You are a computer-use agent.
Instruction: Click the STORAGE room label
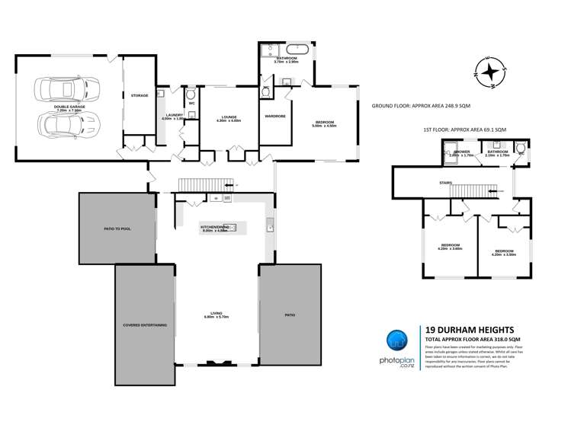(138, 96)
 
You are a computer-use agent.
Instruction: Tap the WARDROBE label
(274, 117)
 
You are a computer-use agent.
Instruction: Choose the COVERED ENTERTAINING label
(145, 325)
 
